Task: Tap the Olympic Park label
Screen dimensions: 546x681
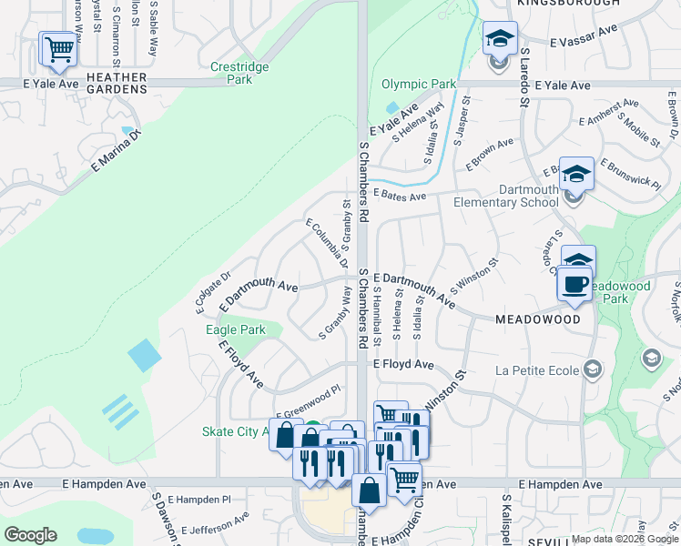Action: point(419,85)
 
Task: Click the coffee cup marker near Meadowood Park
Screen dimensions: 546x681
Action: point(574,284)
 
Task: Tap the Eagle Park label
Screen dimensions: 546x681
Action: point(236,329)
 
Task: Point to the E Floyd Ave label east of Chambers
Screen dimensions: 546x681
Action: point(404,364)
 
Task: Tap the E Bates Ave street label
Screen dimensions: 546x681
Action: point(400,197)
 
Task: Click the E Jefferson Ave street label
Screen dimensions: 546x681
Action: point(215,523)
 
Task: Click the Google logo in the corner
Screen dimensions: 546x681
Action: point(31,534)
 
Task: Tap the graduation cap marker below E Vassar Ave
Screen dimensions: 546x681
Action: point(500,39)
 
